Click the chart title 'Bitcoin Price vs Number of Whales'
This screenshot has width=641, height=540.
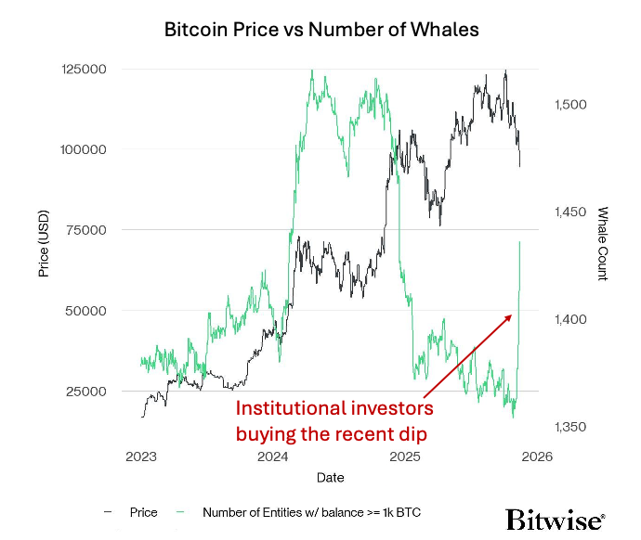click(320, 29)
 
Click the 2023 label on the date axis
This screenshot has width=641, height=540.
click(141, 456)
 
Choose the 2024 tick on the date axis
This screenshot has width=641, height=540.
click(273, 456)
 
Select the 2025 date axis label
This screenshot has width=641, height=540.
click(405, 456)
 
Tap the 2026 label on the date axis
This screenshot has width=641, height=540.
click(537, 456)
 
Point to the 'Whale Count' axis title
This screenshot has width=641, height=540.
click(602, 243)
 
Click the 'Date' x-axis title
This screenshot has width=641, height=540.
click(329, 478)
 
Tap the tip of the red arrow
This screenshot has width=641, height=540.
click(512, 315)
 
